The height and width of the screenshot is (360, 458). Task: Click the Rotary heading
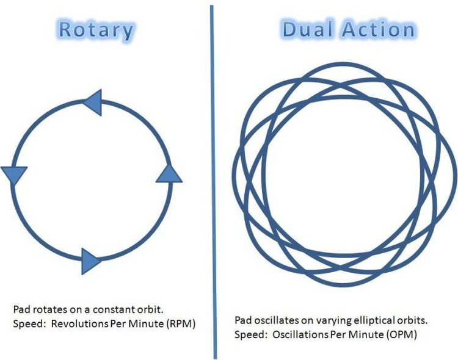point(96,31)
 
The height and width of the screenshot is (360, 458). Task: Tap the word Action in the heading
point(379,29)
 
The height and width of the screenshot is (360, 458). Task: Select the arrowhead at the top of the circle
point(93,103)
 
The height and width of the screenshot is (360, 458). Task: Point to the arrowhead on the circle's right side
point(169,174)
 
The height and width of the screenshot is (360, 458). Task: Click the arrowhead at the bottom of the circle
point(90,261)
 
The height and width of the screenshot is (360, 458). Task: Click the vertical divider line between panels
point(214,182)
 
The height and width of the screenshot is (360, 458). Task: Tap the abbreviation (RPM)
point(181,324)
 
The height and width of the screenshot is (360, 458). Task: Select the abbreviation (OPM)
point(402,334)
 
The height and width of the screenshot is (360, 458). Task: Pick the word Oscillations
point(300,334)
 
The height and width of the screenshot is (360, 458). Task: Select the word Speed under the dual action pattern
point(247,335)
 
